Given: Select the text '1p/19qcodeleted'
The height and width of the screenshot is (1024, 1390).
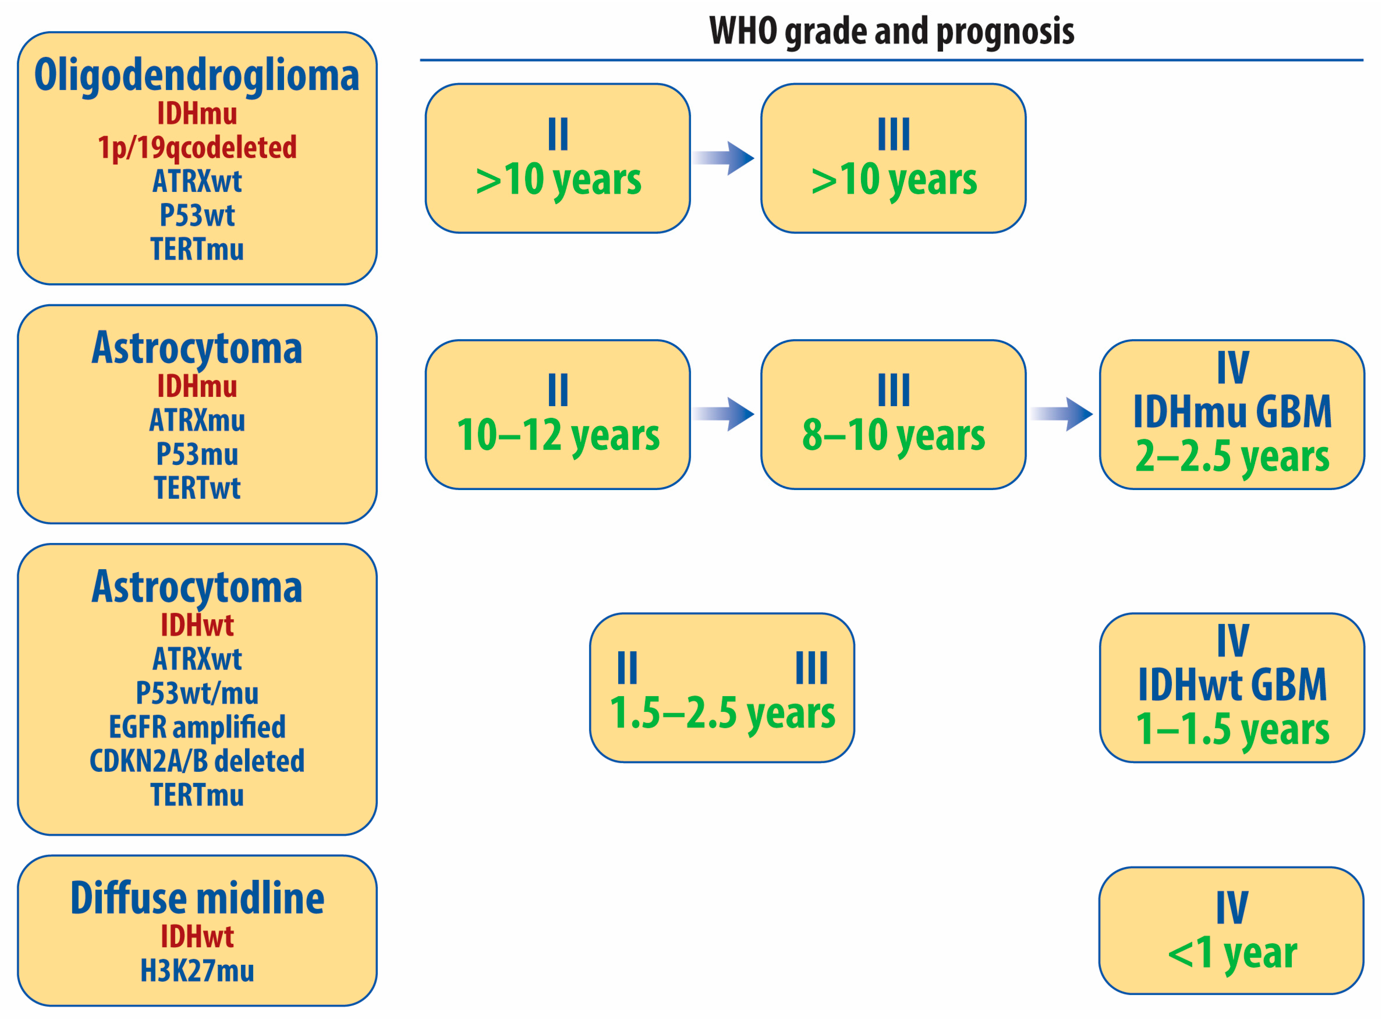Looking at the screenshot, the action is pyautogui.click(x=197, y=148).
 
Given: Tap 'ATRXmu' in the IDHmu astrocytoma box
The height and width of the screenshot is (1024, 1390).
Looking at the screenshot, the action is pyautogui.click(x=197, y=420).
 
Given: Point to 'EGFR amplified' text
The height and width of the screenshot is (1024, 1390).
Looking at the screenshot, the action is pyautogui.click(x=197, y=727).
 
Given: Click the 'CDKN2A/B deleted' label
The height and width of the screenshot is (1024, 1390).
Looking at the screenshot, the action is pyautogui.click(x=197, y=761).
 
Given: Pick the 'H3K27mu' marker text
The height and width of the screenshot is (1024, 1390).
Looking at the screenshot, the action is pyautogui.click(x=197, y=971).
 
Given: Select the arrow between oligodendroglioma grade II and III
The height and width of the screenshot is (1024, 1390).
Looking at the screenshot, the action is pyautogui.click(x=723, y=158).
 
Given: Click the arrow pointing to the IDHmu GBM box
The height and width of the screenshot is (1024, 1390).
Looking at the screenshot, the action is pyautogui.click(x=1061, y=414).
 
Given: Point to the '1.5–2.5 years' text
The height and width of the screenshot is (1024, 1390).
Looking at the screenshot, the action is pyautogui.click(x=722, y=714).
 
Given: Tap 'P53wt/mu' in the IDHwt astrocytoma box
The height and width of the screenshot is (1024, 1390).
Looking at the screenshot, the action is pyautogui.click(x=197, y=693).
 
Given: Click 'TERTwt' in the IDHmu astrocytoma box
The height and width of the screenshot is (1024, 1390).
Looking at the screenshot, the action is pyautogui.click(x=197, y=489).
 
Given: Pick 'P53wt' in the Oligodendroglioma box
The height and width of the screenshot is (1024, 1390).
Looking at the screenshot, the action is pyautogui.click(x=197, y=216).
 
